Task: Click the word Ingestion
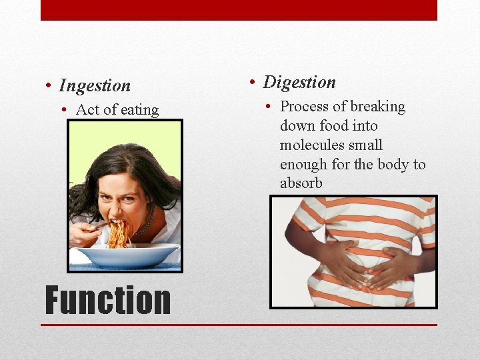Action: point(95,86)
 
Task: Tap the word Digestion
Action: point(299,83)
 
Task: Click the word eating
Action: point(137,110)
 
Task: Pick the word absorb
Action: point(301,183)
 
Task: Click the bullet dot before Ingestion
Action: point(49,86)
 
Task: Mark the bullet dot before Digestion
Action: point(253,83)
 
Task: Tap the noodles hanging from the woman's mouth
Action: point(119,235)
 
